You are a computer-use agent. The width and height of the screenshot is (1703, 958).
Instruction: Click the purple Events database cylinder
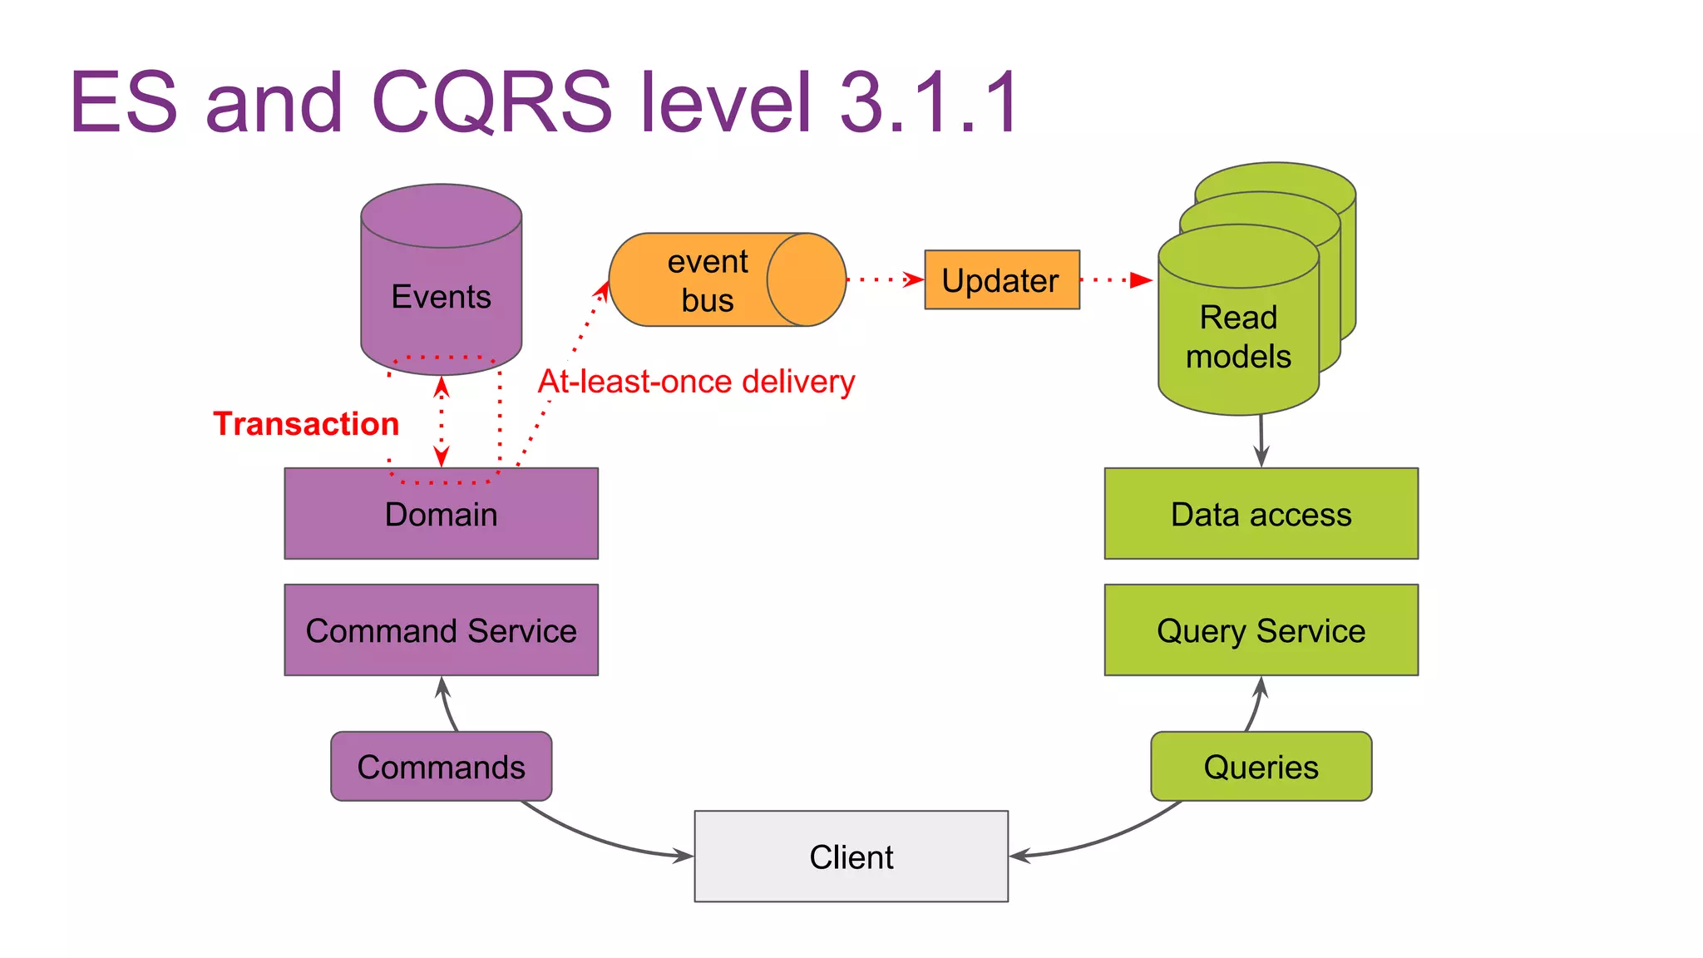pyautogui.click(x=441, y=283)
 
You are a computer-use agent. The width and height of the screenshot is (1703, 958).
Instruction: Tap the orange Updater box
pyautogui.click(x=1001, y=280)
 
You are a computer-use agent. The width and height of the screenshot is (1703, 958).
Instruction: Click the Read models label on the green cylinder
pyautogui.click(x=1238, y=337)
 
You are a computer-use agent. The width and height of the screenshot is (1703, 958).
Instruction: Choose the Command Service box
pyautogui.click(x=441, y=630)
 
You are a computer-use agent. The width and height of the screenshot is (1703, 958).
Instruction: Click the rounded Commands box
pyautogui.click(x=441, y=767)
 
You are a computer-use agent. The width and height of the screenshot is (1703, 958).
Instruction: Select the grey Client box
pyautogui.click(x=851, y=857)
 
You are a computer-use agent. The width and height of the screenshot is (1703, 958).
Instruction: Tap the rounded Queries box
pyautogui.click(x=1261, y=767)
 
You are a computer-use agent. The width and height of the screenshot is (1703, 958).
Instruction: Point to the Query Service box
pyautogui.click(x=1261, y=630)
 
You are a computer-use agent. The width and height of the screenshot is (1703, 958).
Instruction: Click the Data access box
pyautogui.click(x=1261, y=514)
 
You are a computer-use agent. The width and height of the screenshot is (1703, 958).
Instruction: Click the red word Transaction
pyautogui.click(x=306, y=424)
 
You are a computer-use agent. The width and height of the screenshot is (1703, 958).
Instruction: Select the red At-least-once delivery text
pyautogui.click(x=696, y=382)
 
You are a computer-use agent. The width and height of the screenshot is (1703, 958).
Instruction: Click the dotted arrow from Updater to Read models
pyautogui.click(x=1114, y=280)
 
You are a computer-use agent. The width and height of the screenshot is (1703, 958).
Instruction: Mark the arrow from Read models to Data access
pyautogui.click(x=1261, y=441)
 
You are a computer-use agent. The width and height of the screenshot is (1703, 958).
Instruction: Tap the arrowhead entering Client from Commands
pyautogui.click(x=684, y=855)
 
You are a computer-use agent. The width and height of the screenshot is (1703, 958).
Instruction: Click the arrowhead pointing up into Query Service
pyautogui.click(x=1261, y=687)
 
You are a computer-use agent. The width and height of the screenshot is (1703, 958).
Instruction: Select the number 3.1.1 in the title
pyautogui.click(x=930, y=102)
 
